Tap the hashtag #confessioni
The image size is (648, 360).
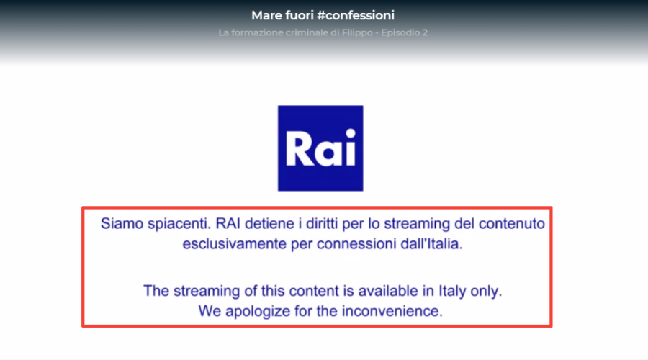[x=356, y=15]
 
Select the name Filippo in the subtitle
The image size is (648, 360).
[x=357, y=32]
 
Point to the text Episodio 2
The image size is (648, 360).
[x=404, y=32]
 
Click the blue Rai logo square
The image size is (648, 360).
[x=320, y=148]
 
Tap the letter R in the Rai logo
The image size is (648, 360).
[x=299, y=149]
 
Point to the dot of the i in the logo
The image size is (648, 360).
[x=351, y=133]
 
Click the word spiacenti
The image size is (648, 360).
[x=179, y=225]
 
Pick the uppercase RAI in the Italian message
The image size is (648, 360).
[x=228, y=224]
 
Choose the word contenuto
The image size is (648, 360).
[x=512, y=224]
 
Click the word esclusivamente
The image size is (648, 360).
[x=234, y=244]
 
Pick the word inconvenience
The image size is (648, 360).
[x=392, y=311]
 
